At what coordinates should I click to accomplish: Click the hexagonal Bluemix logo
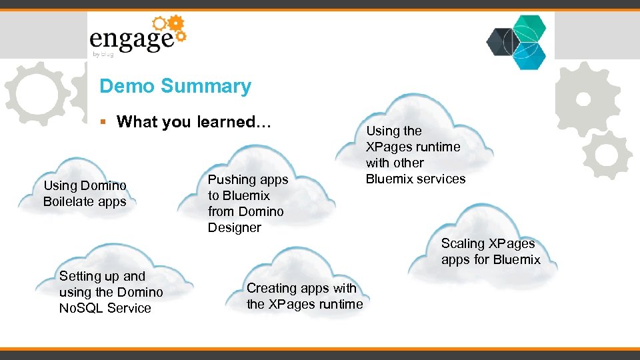coord(517,41)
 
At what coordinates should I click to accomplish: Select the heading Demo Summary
coord(175,86)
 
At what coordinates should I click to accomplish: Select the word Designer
coord(234,227)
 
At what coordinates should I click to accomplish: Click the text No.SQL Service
coord(105,308)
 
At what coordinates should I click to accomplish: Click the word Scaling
coord(463,243)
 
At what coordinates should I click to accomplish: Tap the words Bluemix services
coord(415,179)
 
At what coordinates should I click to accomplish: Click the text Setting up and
coord(102,276)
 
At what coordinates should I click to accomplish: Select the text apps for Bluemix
coord(490,259)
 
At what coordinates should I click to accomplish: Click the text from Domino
coord(245,211)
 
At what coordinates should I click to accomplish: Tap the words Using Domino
coord(85,185)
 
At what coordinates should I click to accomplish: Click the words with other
coord(395,163)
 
